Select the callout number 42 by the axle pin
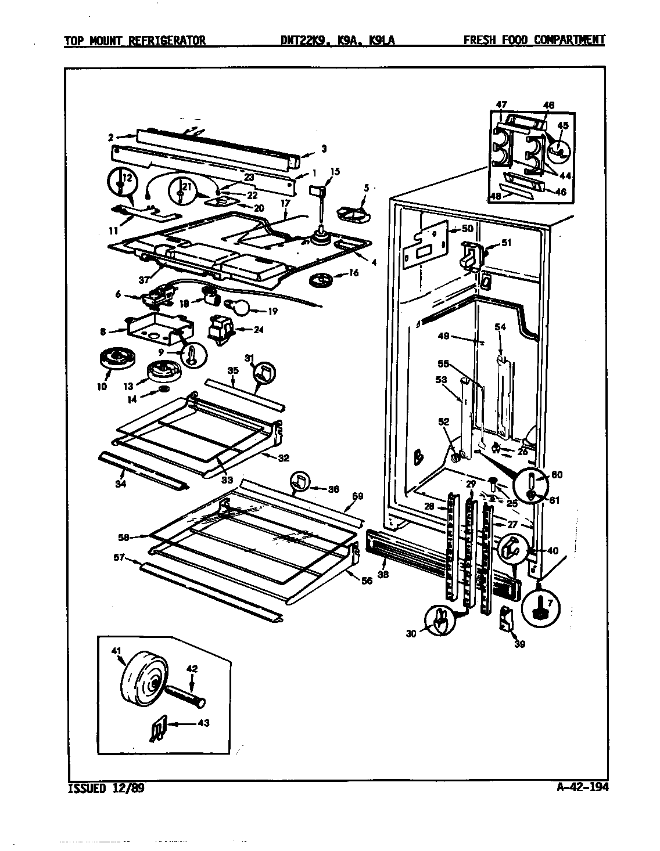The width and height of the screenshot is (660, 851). [192, 669]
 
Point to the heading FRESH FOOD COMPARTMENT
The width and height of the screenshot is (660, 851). [534, 40]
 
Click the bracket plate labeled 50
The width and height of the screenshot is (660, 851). [425, 240]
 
